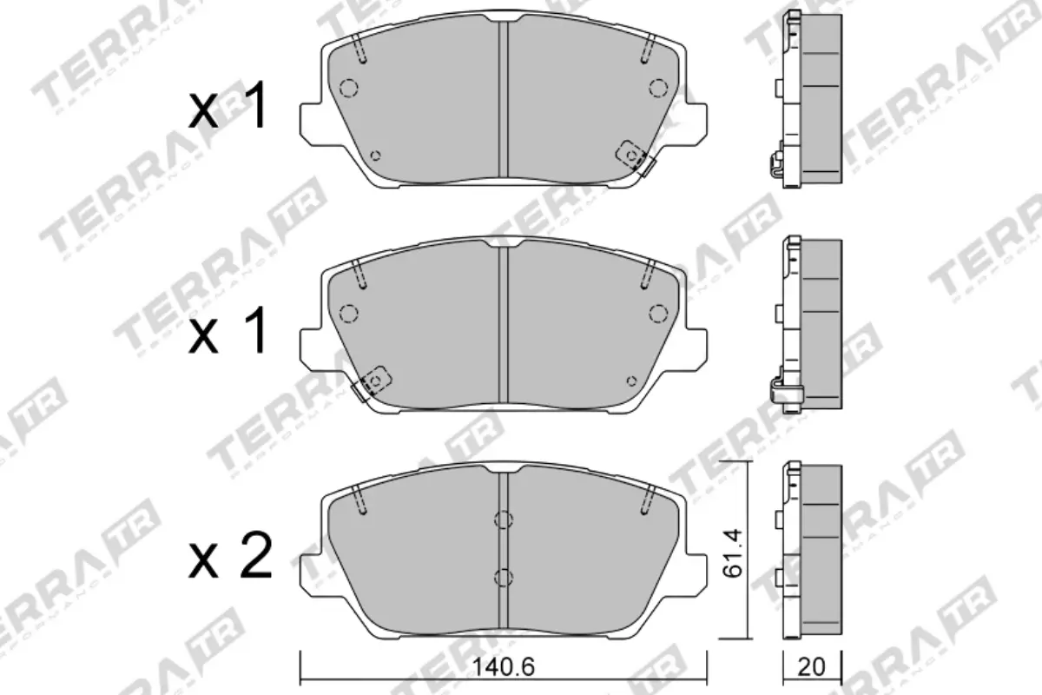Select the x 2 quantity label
[231, 557]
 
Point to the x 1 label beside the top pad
[231, 109]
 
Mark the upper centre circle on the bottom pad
[503, 520]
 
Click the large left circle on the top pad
[348, 88]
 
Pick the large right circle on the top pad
[658, 88]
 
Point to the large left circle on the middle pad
[348, 314]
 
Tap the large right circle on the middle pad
[658, 314]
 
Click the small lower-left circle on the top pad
[375, 156]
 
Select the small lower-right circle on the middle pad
[631, 381]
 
